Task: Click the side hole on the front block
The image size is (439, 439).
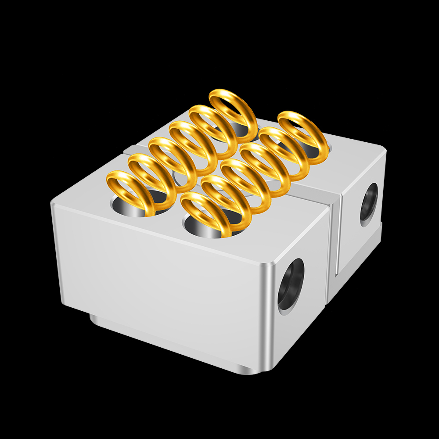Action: pos(291,284)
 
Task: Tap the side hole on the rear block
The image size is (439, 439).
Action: pos(369,204)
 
